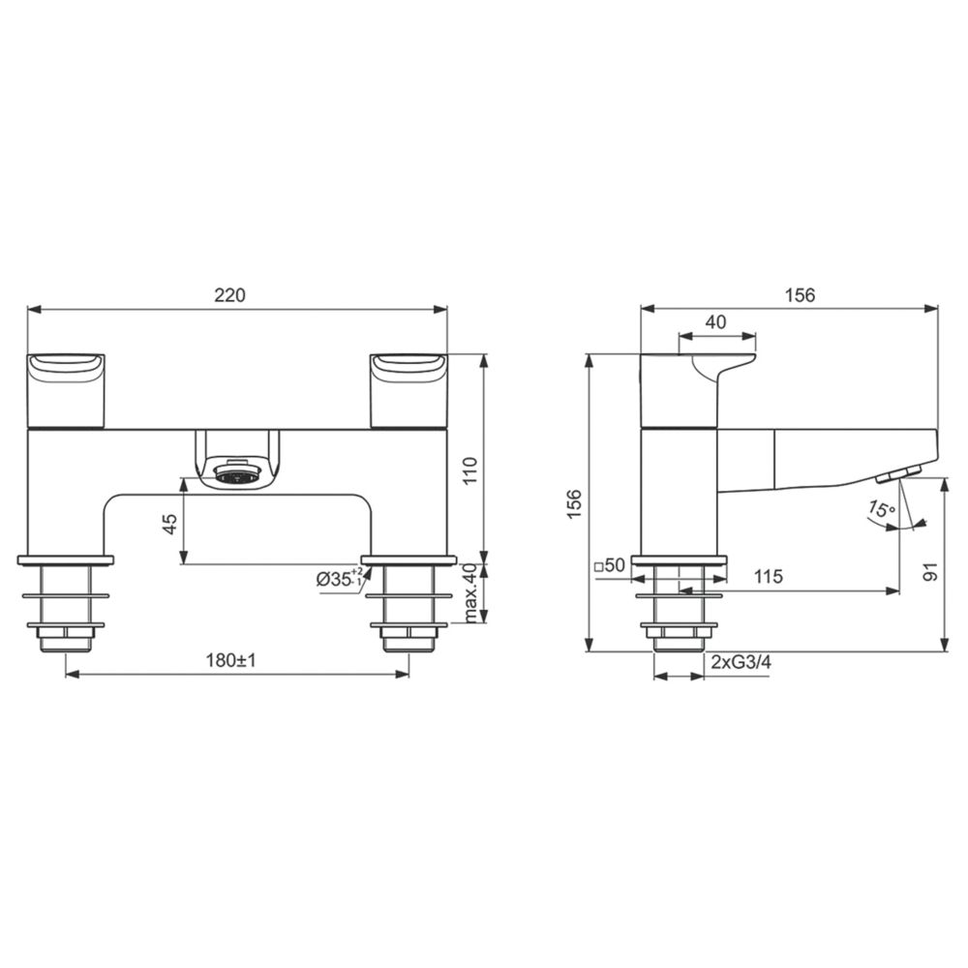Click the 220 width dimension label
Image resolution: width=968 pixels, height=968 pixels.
point(229,295)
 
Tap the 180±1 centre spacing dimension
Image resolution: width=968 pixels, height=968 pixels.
point(231,660)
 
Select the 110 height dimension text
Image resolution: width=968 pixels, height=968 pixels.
point(470,471)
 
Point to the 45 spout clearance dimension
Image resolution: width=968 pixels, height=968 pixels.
point(169,524)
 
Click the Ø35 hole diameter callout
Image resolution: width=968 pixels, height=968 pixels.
point(340,578)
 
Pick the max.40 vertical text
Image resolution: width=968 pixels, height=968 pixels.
point(470,593)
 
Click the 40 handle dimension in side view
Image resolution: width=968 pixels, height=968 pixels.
point(715,322)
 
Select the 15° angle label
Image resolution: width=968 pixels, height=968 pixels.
point(881,509)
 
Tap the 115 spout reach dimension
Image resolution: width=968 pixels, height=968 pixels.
point(768,577)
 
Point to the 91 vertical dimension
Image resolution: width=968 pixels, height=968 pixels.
point(931,571)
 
